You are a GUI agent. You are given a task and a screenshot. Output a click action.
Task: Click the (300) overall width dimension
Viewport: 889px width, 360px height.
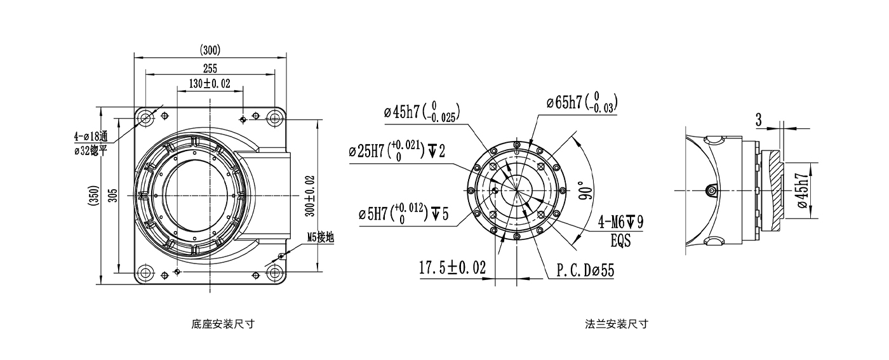210,50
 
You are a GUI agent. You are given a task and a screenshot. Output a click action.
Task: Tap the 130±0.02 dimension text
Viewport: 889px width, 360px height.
210,84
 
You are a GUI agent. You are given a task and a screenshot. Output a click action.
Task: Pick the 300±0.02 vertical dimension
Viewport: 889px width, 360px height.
309,194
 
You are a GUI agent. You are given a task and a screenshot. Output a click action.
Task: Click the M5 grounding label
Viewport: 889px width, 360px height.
320,238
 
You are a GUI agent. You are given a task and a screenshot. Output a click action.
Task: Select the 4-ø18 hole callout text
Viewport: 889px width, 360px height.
91,137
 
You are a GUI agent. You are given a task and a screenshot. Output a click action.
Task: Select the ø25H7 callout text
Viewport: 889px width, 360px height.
397,151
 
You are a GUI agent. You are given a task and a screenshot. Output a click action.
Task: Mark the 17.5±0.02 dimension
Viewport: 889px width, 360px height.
451,268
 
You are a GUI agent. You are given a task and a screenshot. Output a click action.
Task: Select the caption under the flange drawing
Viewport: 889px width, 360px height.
617,324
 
